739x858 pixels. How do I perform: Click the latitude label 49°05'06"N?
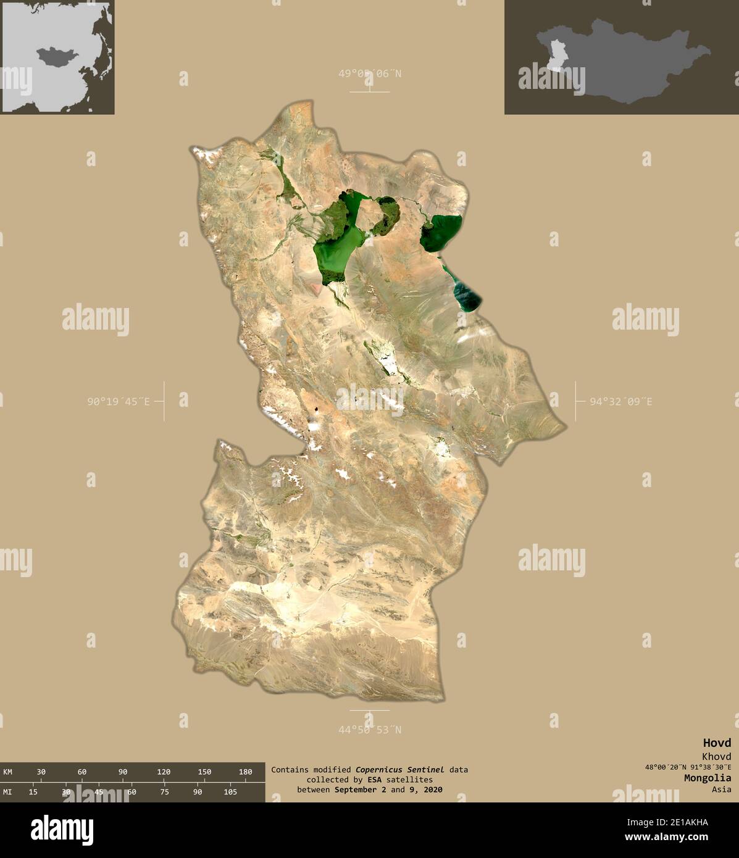click(x=369, y=74)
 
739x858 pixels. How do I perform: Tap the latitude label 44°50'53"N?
click(x=369, y=730)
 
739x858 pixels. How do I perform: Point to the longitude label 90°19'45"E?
click(x=118, y=402)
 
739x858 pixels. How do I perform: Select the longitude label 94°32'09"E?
click(x=620, y=402)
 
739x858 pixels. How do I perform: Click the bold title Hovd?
click(x=716, y=743)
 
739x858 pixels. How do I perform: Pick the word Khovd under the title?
click(x=716, y=756)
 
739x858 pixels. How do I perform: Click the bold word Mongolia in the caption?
click(x=707, y=778)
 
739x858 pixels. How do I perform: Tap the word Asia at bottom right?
click(x=720, y=789)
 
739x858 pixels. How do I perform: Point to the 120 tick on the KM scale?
click(x=164, y=772)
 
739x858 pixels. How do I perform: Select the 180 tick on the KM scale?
click(x=245, y=772)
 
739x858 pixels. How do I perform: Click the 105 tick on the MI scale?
click(x=230, y=792)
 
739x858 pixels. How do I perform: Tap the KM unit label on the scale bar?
click(x=7, y=772)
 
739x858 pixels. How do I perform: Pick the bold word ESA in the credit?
click(x=374, y=780)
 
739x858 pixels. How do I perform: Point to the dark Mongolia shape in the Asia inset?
click(x=57, y=57)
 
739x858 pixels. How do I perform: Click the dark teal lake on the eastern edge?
click(x=469, y=294)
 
